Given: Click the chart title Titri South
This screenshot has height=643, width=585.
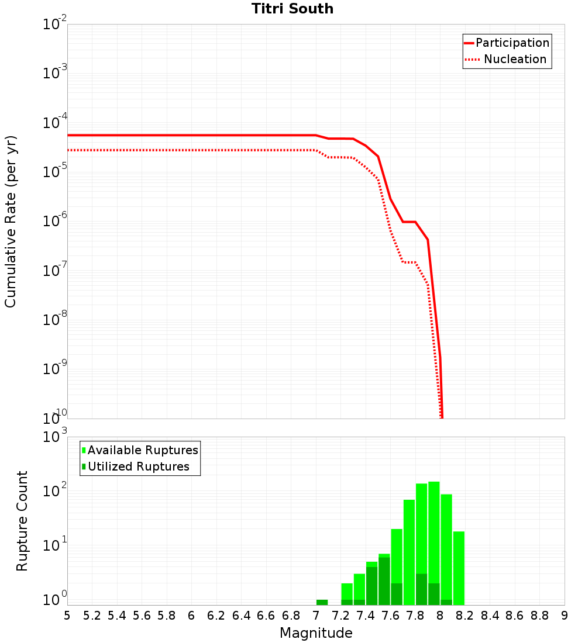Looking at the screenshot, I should (x=292, y=9).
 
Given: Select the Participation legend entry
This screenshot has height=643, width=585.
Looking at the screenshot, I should (x=512, y=43).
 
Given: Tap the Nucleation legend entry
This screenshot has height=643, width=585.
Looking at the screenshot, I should (x=514, y=60).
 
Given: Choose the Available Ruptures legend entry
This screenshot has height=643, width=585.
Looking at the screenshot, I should (x=143, y=451).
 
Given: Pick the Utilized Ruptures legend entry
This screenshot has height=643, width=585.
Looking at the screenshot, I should (x=138, y=467).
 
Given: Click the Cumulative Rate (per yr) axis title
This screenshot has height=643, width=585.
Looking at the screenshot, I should (x=11, y=222).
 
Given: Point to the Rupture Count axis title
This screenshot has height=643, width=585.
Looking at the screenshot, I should (x=22, y=521).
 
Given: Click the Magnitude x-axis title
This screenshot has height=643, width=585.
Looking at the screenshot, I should (x=316, y=633).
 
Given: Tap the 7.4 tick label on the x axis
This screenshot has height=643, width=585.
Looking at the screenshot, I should (x=366, y=616).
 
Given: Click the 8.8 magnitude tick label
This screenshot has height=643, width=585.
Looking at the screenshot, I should (x=539, y=616).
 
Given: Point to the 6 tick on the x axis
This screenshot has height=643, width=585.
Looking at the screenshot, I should (x=191, y=616).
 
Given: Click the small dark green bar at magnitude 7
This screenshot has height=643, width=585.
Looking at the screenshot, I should (x=322, y=602).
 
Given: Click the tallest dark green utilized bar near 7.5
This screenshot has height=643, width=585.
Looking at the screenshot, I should (x=384, y=581).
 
